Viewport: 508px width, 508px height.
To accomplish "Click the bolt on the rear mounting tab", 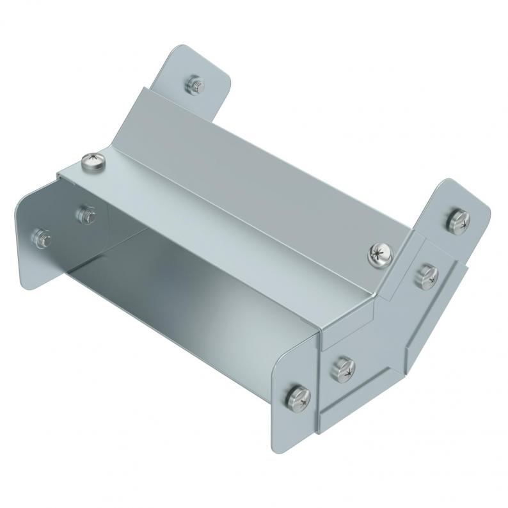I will tap(195, 84).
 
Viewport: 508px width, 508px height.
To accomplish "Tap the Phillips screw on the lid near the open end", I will tap(93, 162).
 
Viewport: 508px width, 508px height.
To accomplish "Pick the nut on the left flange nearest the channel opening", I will tap(86, 214).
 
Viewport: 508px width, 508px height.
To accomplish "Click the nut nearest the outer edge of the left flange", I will tap(41, 237).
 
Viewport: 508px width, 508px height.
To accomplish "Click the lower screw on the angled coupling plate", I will tap(342, 369).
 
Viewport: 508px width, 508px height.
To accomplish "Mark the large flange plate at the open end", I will tap(38, 256).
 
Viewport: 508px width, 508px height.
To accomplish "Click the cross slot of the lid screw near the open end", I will tap(93, 160).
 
